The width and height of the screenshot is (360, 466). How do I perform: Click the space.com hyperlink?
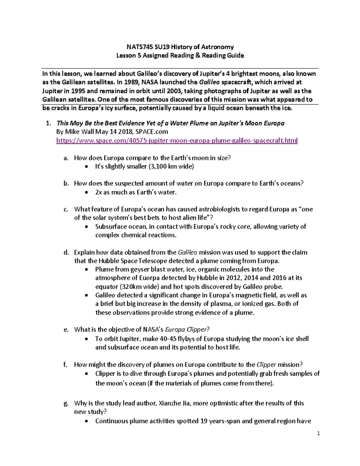177,140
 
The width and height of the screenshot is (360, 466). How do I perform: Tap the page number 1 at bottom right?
319,433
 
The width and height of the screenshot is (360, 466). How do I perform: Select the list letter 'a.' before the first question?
66,158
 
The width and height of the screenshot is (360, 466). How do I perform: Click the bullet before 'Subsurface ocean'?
87,227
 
